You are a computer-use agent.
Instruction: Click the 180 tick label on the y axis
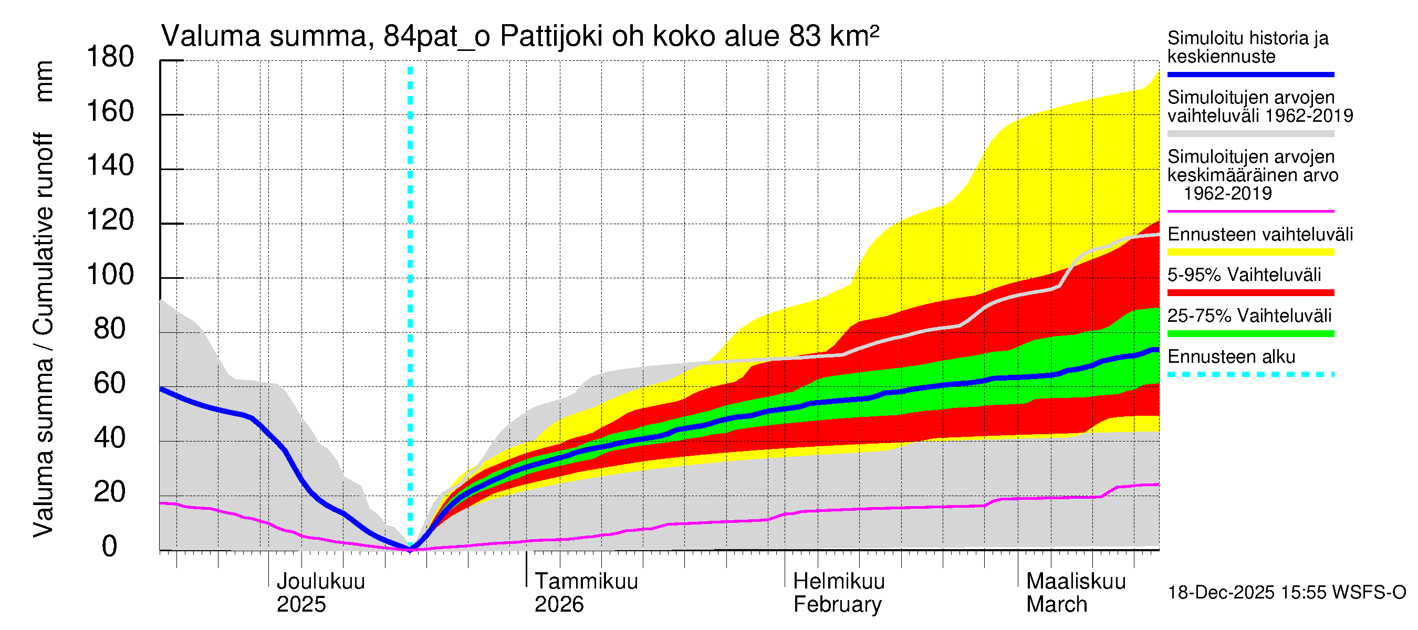coord(110,57)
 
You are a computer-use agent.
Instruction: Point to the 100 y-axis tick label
coord(110,275)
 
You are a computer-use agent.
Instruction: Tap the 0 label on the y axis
coord(110,547)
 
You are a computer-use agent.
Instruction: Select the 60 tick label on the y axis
coord(110,383)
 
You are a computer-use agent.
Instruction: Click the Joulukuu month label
coord(320,582)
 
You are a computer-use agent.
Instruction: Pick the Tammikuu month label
coord(586,582)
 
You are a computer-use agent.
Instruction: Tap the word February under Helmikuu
coord(837,605)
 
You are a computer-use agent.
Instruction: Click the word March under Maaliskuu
coord(1056,605)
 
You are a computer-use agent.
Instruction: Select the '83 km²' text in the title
coord(833,37)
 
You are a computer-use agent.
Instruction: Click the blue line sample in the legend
coord(1250,74)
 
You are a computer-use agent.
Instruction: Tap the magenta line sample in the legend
coord(1250,211)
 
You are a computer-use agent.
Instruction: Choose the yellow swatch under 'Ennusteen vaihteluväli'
coord(1250,252)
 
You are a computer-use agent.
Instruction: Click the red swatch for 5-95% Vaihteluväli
coord(1250,293)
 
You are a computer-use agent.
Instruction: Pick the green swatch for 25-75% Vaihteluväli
coord(1250,333)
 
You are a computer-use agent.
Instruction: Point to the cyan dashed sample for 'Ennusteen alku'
coord(1250,375)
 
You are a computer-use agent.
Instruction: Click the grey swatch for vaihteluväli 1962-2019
coord(1250,134)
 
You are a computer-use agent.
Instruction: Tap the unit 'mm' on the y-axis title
coord(44,81)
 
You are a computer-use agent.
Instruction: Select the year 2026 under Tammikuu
coord(559,605)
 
